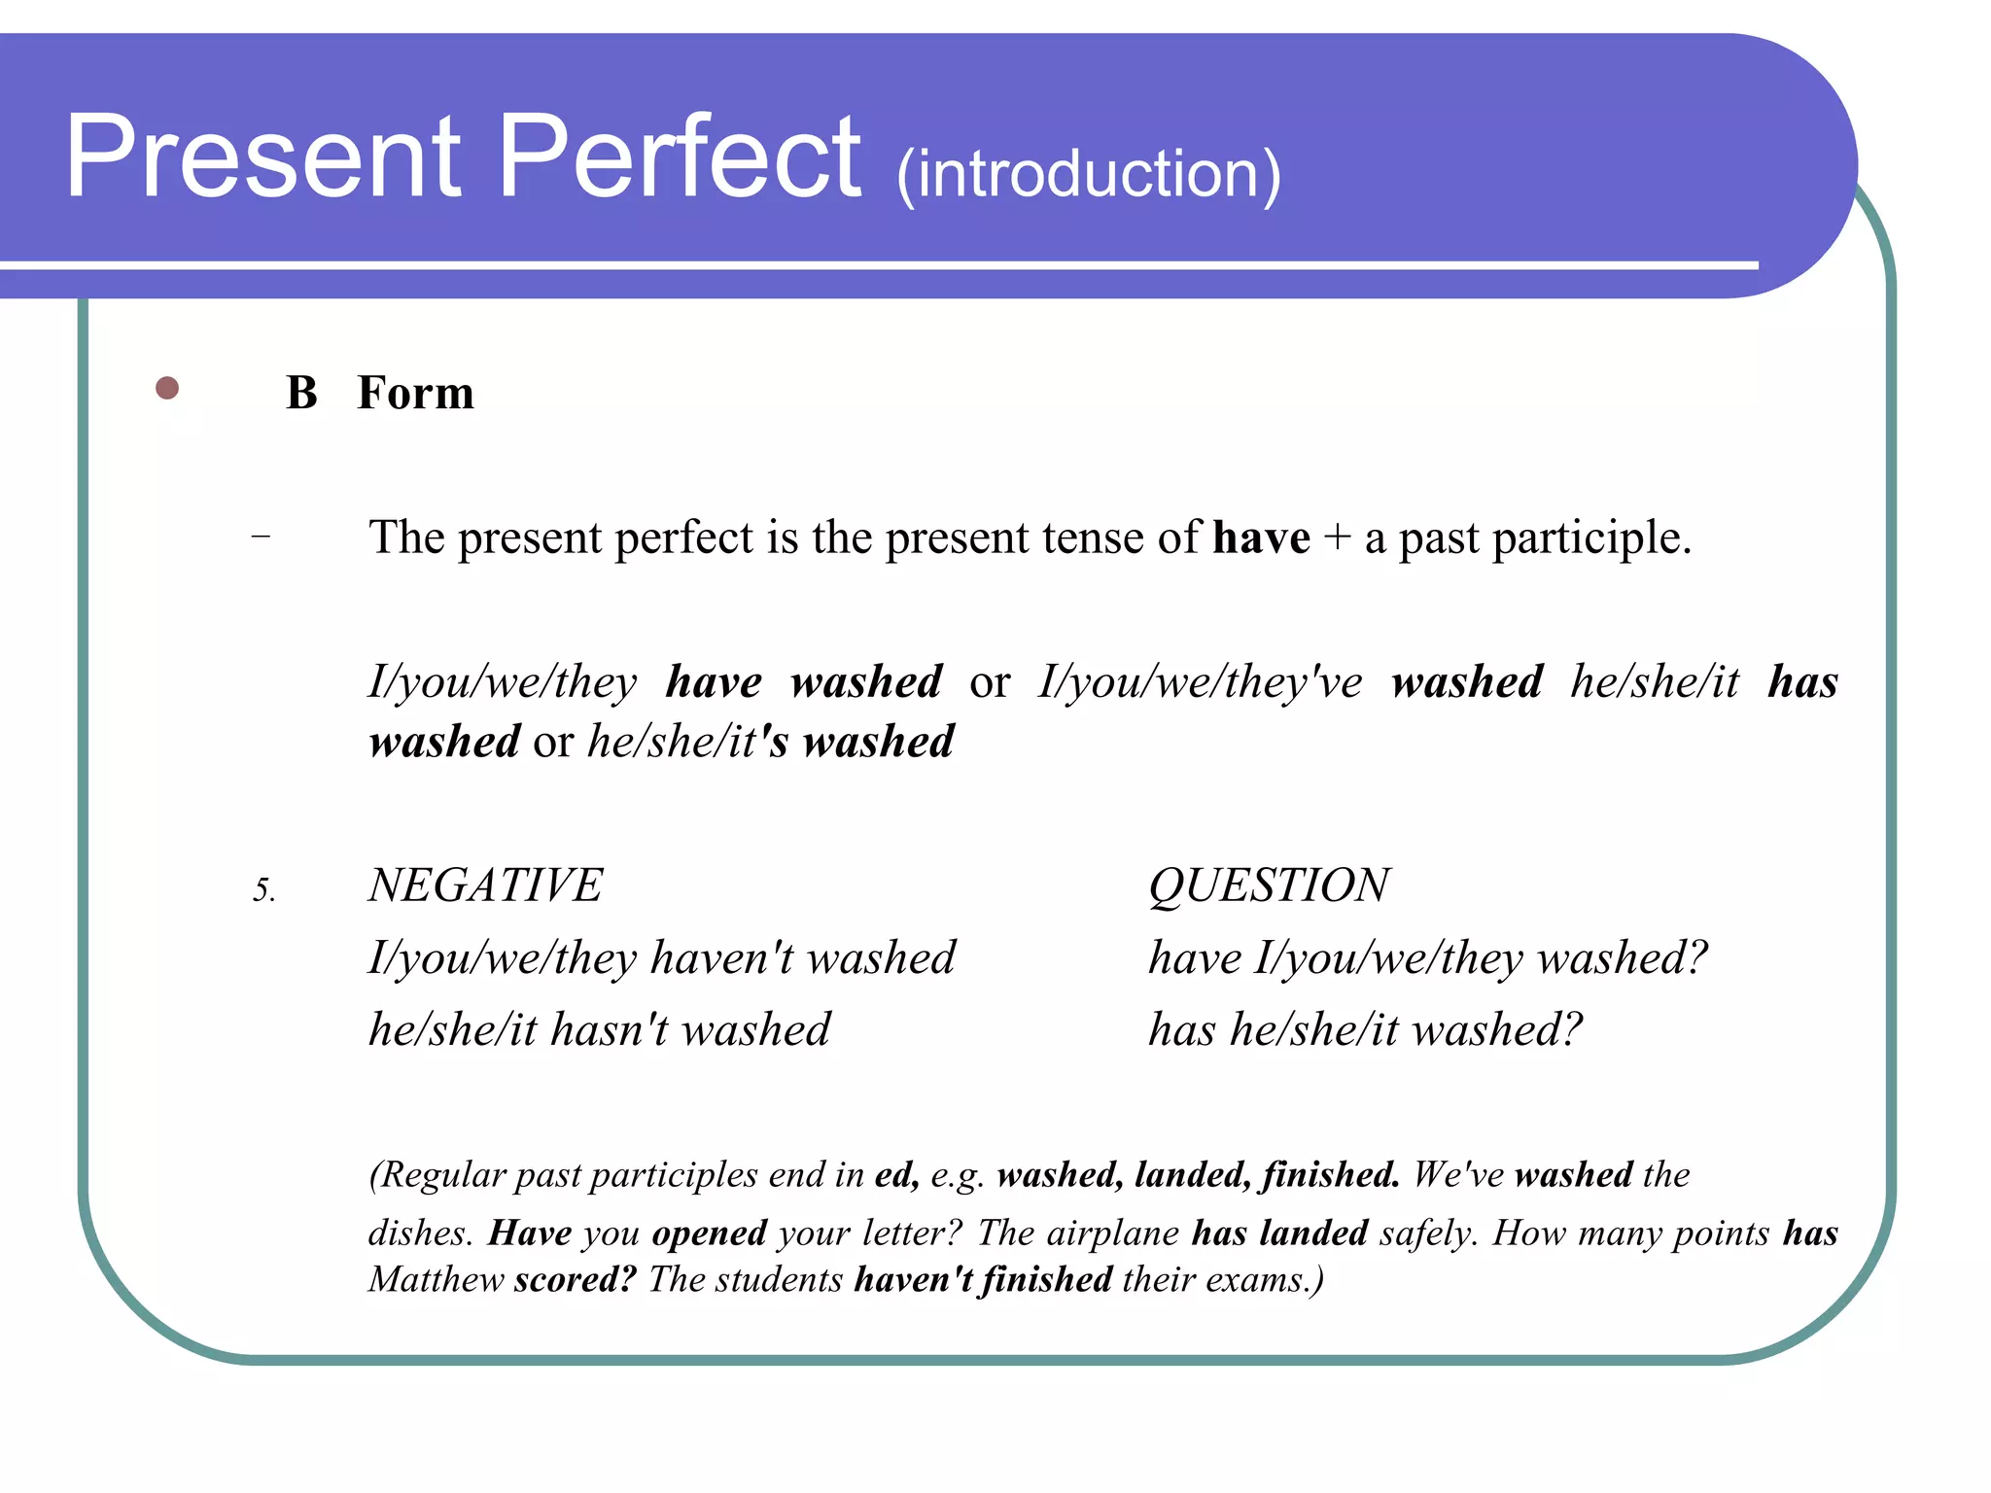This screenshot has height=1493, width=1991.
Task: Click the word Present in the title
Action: [262, 157]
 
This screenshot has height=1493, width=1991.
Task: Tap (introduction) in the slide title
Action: [1088, 175]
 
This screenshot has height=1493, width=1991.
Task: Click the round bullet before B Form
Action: [167, 389]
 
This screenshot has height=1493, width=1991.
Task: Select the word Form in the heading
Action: [415, 393]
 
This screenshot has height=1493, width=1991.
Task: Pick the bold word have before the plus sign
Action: [1261, 538]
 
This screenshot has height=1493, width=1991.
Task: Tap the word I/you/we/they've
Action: [1200, 682]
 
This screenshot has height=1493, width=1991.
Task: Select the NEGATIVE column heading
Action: [485, 885]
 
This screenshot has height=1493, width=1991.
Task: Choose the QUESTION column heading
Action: [1269, 885]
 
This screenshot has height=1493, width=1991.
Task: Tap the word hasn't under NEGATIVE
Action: [609, 1029]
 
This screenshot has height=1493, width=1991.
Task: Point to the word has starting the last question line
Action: [1181, 1029]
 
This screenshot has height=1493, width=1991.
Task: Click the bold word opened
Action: [710, 1233]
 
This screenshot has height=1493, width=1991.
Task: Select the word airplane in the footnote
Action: [1113, 1233]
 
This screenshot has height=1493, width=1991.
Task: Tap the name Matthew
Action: [436, 1279]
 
